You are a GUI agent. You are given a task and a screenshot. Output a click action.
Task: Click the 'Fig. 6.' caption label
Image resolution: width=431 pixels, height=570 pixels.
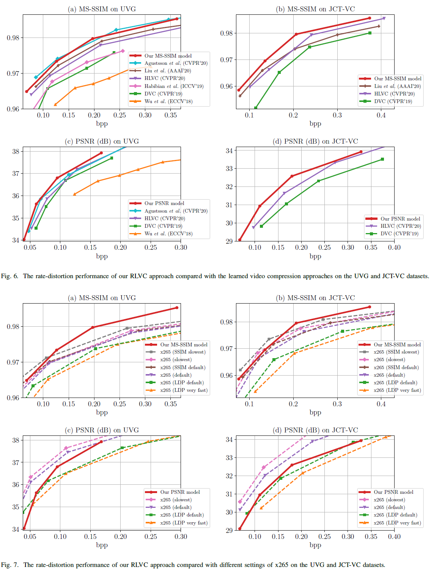[9, 276]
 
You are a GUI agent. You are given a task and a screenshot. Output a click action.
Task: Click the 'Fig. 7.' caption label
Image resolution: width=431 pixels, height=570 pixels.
[9, 565]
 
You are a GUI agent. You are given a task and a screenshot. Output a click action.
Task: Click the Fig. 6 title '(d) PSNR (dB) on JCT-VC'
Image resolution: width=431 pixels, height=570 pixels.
[315, 141]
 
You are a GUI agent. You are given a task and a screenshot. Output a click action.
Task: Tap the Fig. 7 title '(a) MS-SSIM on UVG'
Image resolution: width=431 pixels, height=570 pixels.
[102, 298]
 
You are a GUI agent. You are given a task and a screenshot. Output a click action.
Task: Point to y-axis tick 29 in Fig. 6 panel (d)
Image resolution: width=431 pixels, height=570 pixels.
[229, 241]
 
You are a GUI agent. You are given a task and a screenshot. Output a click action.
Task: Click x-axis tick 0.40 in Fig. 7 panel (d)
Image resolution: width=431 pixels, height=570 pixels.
[394, 536]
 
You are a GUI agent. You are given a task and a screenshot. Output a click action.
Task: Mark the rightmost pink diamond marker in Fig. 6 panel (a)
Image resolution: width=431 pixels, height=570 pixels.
[123, 51]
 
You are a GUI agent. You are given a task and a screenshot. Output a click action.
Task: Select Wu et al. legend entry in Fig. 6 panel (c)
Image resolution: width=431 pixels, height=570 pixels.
[168, 233]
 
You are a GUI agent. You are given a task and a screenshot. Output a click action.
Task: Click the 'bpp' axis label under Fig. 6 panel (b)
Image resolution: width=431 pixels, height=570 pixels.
[315, 124]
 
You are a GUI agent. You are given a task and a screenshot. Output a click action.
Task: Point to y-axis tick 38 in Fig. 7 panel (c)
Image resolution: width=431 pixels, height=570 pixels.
[16, 440]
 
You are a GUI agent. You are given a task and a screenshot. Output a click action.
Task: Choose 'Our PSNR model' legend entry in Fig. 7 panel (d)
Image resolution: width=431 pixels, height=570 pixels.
[393, 492]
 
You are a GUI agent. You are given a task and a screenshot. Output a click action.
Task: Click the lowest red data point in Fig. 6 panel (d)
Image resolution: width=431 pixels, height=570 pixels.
[240, 240]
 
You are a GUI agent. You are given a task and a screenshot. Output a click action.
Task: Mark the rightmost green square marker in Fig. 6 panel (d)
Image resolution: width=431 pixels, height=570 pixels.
[382, 159]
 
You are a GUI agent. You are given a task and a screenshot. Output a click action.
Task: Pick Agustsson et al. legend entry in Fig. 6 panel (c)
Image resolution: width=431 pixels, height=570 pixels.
[176, 211]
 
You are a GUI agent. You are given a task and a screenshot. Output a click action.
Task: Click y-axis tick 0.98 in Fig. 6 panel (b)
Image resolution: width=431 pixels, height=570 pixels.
[227, 33]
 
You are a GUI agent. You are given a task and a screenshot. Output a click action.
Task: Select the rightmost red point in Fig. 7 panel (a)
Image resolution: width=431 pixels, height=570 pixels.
[177, 308]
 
